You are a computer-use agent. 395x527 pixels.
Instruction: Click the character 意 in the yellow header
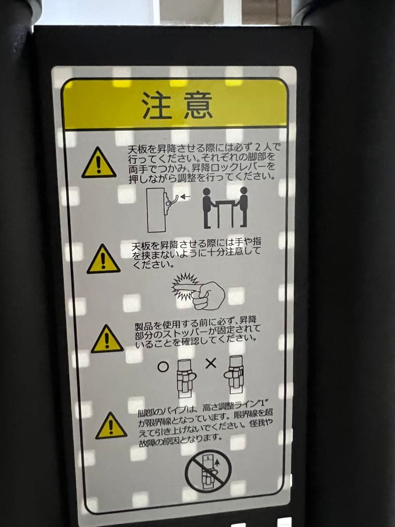click(198, 105)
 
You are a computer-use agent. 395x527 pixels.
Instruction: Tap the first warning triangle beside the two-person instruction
click(99, 163)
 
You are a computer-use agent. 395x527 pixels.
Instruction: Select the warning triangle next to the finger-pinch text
click(103, 260)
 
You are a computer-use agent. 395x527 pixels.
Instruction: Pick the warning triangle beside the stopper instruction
click(107, 339)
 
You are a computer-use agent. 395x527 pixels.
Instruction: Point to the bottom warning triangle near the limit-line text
click(111, 426)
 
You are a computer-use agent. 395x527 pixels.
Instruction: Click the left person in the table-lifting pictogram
click(208, 207)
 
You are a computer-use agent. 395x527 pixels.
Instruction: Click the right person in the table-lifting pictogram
click(242, 206)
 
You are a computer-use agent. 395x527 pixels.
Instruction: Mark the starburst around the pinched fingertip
click(184, 286)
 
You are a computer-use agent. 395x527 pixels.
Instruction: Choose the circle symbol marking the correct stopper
click(163, 366)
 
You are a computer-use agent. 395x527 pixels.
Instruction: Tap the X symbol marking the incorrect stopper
click(211, 363)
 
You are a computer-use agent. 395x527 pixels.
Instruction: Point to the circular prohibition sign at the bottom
click(208, 471)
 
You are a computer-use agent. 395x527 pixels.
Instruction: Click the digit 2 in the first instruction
click(258, 147)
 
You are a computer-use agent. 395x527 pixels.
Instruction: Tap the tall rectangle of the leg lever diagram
click(156, 210)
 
